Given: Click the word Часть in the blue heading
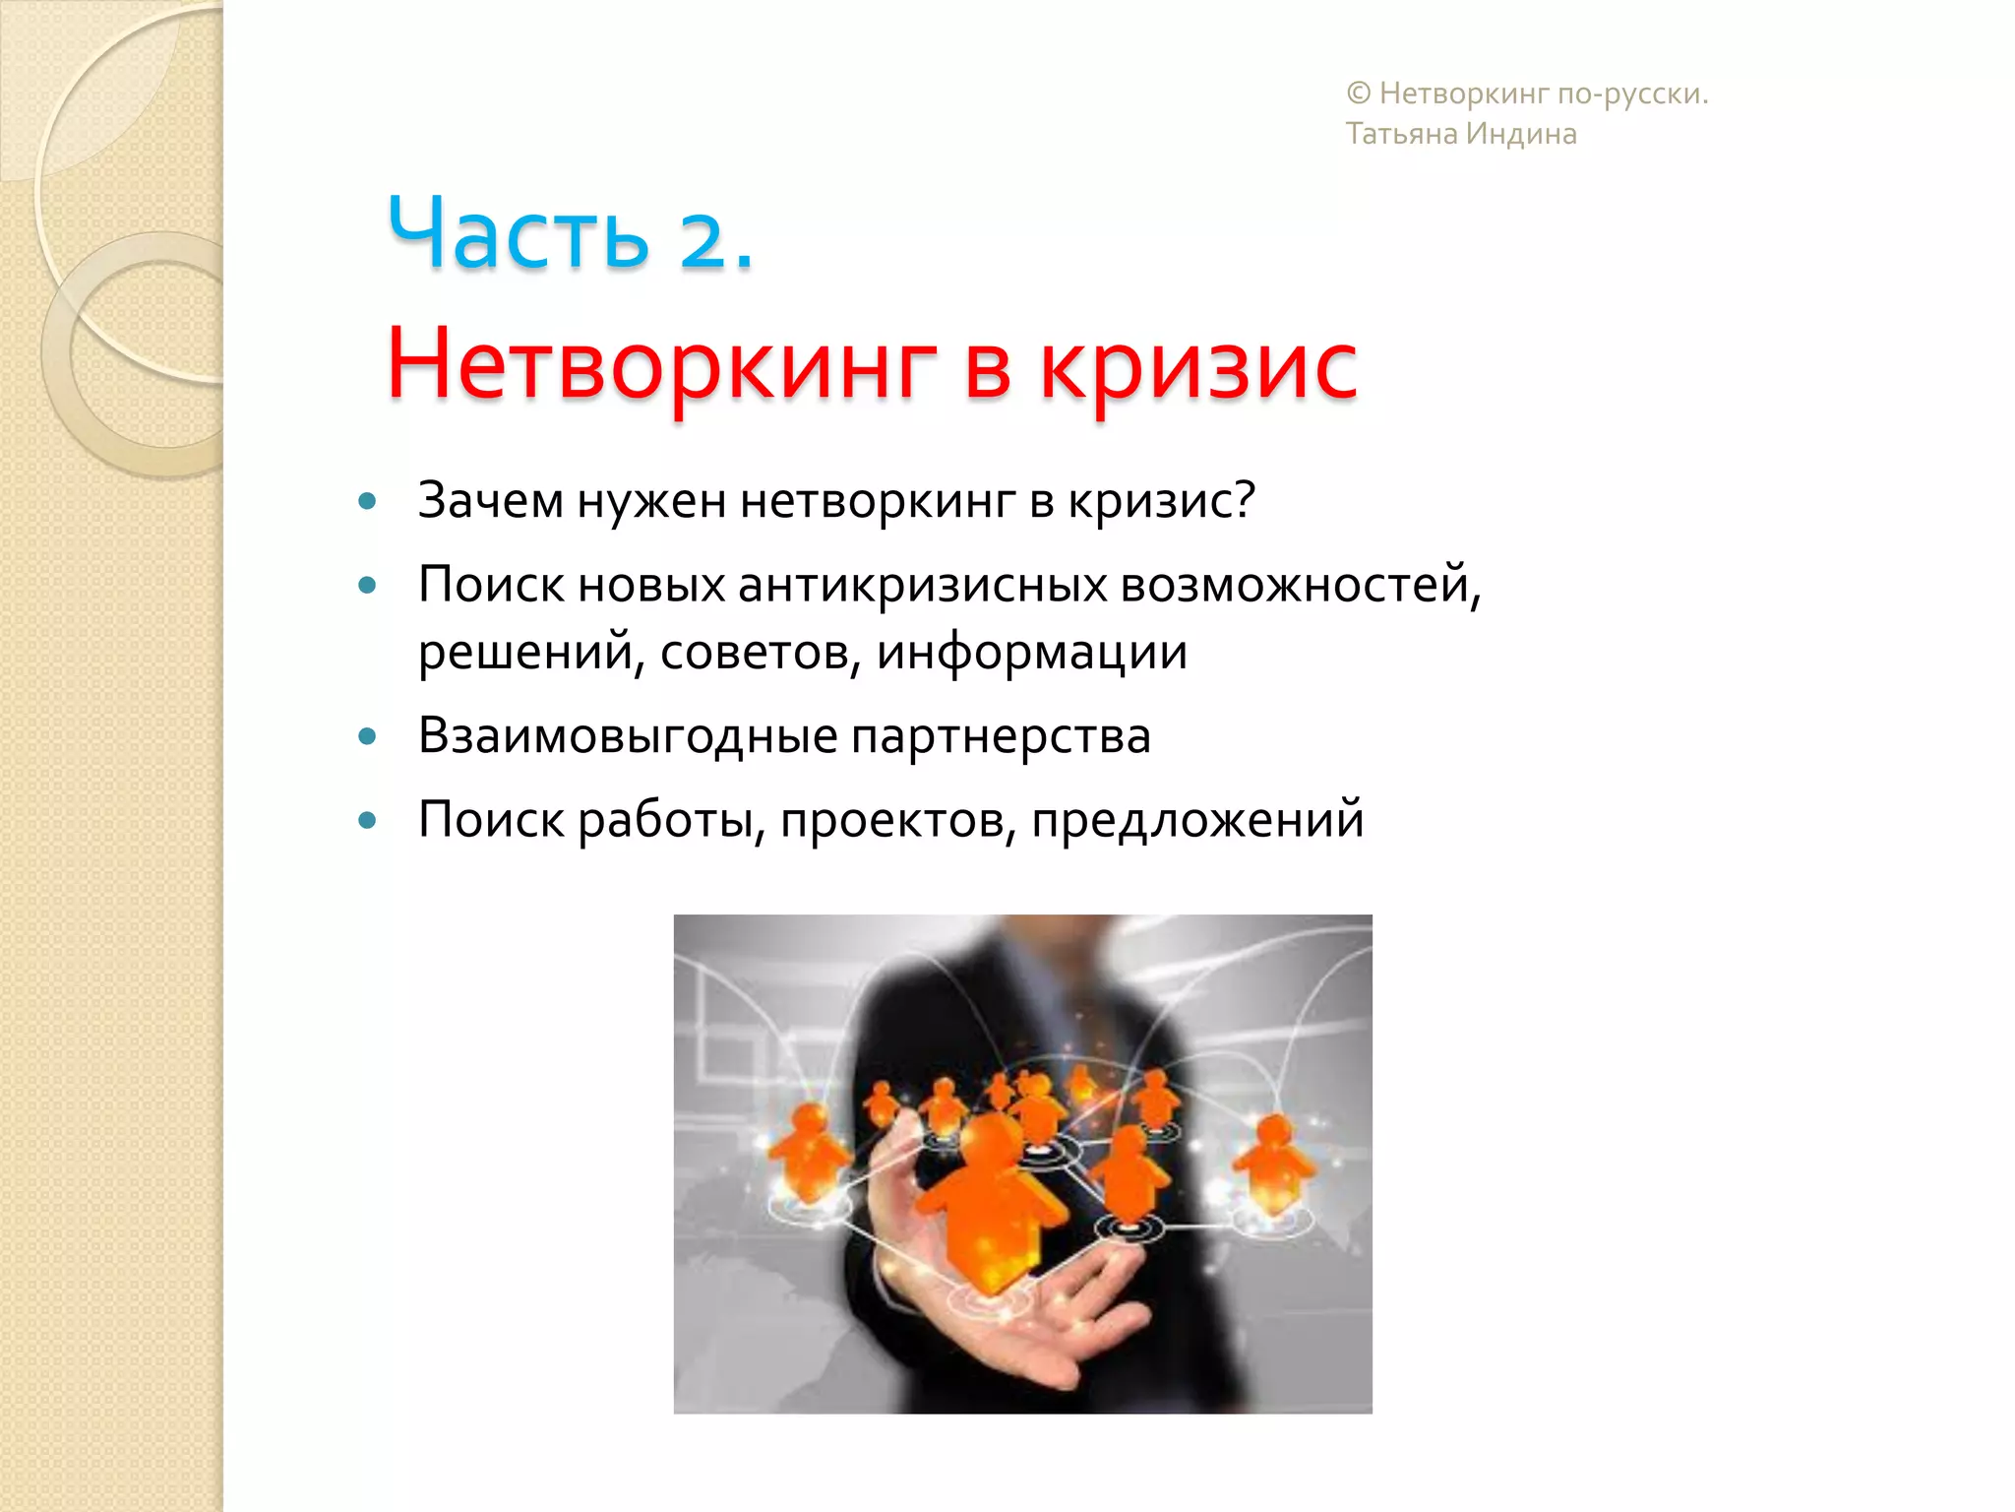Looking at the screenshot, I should click(519, 234).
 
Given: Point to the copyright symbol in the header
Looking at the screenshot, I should click(1358, 94).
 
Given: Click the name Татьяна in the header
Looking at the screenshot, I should click(1401, 134).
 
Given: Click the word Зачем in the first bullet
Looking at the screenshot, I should click(490, 500).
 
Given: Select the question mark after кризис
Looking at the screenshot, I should click(1245, 498).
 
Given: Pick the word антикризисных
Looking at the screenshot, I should click(922, 585).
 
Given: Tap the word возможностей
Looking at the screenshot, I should click(1299, 585).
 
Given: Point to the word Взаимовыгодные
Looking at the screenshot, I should click(628, 736).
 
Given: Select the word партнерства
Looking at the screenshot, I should click(1001, 736).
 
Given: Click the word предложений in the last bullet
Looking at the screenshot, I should click(1197, 819).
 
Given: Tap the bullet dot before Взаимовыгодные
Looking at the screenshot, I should click(368, 736).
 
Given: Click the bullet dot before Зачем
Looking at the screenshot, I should click(368, 501).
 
